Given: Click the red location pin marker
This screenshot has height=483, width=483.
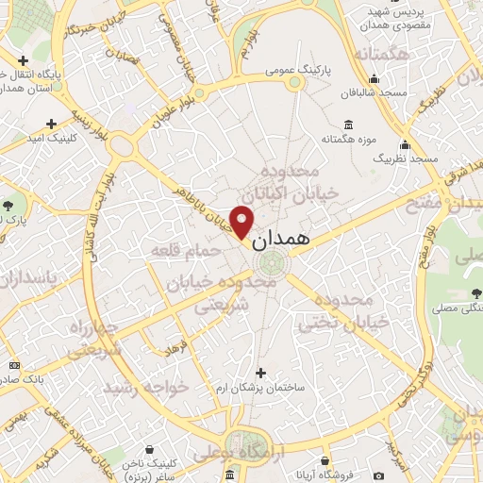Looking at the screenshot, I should click(x=242, y=222).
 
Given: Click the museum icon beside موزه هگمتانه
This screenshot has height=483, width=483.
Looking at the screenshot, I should click(x=348, y=125).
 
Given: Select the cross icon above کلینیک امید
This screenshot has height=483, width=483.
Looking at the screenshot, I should click(x=50, y=123).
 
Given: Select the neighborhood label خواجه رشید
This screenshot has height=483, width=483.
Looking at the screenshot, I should click(x=145, y=388).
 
